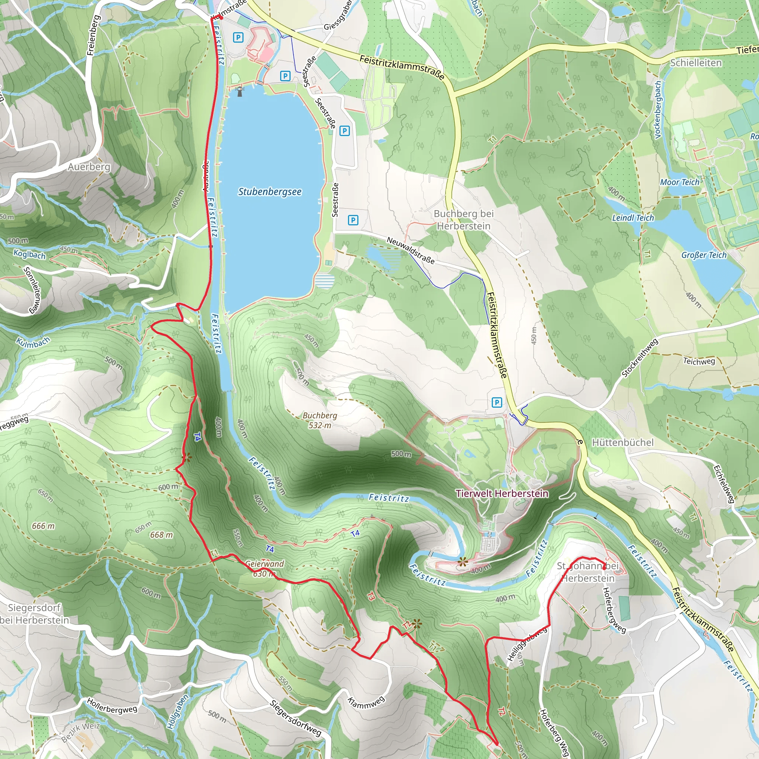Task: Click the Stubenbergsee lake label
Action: (x=270, y=192)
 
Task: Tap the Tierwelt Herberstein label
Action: (x=502, y=493)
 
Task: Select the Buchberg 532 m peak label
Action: (x=320, y=420)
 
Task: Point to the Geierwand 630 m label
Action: (x=264, y=569)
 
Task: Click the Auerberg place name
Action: (x=89, y=167)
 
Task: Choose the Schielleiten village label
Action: (x=696, y=63)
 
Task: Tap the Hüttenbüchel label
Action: (x=623, y=443)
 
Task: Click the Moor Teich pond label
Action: (x=680, y=182)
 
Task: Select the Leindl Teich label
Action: (x=633, y=218)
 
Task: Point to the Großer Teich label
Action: (x=704, y=255)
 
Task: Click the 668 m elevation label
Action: (x=162, y=535)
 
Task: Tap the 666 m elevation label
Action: (x=43, y=526)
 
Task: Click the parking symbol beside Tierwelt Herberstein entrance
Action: (x=497, y=402)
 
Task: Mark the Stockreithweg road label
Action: (x=640, y=358)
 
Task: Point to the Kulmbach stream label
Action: (x=33, y=342)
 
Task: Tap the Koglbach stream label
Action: (x=30, y=254)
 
